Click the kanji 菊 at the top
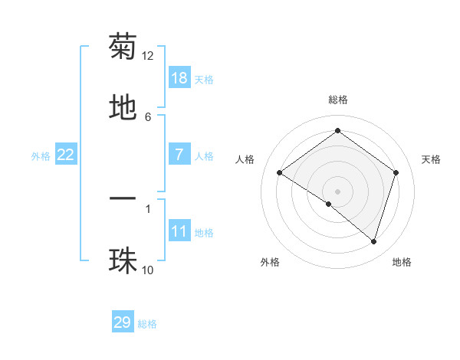tap(123, 47)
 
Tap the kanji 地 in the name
tap(123, 108)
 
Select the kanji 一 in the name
tap(123, 199)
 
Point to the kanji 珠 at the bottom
tap(123, 260)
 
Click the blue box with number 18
tap(179, 77)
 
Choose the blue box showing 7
tap(179, 154)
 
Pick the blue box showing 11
tap(179, 231)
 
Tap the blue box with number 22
tap(66, 155)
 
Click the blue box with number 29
tap(123, 322)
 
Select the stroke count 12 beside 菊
tap(148, 56)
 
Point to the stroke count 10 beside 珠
tap(148, 270)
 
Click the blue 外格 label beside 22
tap(41, 155)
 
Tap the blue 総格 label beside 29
tap(147, 324)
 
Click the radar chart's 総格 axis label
tap(338, 100)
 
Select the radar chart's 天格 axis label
tap(431, 159)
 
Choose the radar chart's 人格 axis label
tap(245, 159)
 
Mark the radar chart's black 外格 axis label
tap(270, 262)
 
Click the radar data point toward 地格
tap(373, 241)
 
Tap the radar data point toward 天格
tap(396, 172)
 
